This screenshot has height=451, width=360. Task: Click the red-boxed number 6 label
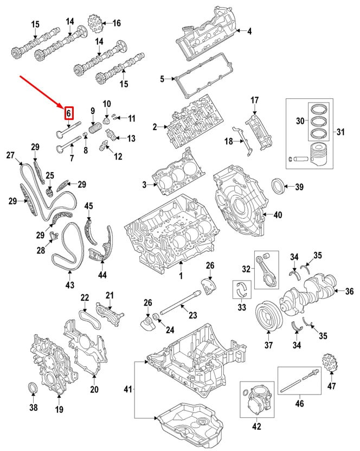[68, 113]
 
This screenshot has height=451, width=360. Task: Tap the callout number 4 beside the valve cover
[249, 31]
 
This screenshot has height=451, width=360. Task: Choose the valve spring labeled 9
[95, 129]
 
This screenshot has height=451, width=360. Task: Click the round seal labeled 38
[33, 390]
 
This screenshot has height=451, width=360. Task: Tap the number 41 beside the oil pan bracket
[128, 389]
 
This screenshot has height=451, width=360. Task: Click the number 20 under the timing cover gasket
[94, 389]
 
